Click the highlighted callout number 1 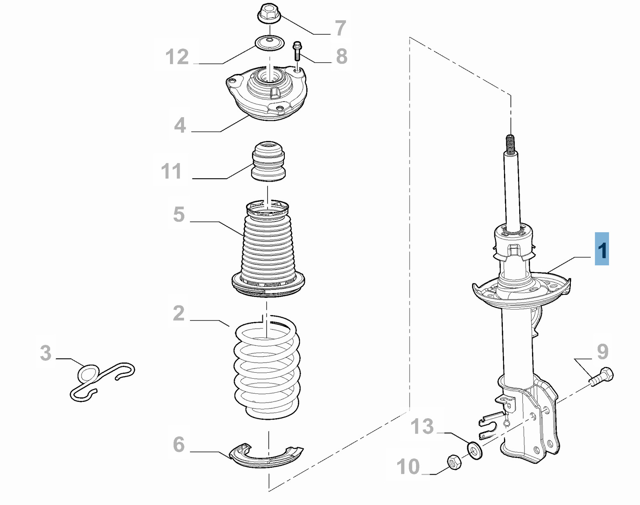point(602,249)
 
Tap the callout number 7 point(340,28)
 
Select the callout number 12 point(177,56)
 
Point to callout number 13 point(422,426)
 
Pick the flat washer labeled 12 point(270,42)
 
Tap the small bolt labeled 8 point(297,51)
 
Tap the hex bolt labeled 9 point(602,377)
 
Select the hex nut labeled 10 point(454,462)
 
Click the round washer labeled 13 point(475,451)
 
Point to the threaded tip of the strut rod point(510,143)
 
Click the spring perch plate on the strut point(520,292)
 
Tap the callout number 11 point(171,171)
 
